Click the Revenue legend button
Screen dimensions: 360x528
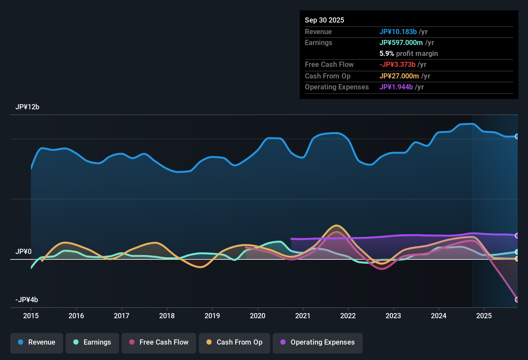(37, 342)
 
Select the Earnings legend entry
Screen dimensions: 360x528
(92, 342)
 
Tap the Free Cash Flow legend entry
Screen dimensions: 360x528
(159, 342)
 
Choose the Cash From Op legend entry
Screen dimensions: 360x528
(234, 342)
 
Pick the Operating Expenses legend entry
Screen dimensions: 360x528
(318, 342)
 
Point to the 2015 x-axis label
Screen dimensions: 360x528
(31, 316)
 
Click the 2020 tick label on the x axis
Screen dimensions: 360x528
(258, 316)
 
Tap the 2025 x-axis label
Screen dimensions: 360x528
(484, 316)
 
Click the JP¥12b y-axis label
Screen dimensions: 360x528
(27, 107)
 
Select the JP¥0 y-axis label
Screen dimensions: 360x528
(23, 252)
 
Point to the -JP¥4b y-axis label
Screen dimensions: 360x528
(27, 300)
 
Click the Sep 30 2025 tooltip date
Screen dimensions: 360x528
(324, 20)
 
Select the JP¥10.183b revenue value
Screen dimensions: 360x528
(398, 32)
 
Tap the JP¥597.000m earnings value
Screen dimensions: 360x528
(401, 43)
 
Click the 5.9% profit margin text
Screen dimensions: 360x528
(409, 54)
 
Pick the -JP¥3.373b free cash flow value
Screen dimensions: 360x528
(397, 65)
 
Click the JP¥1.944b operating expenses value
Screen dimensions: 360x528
(396, 87)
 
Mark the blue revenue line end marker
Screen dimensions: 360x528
(517, 136)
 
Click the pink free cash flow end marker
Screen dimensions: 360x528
(517, 300)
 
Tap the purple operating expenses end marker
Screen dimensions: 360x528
(517, 236)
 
